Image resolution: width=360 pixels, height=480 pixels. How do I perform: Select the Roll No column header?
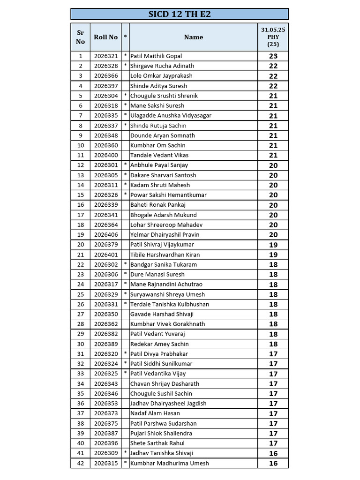(x=105, y=37)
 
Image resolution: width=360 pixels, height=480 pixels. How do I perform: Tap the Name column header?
(x=193, y=37)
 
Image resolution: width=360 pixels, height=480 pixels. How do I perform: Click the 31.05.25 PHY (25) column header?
(x=273, y=37)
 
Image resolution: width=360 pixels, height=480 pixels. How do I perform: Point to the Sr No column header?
(x=81, y=37)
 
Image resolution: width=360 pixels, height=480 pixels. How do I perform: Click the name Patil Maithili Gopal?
(x=156, y=56)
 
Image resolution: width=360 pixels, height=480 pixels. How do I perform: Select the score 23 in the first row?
(x=273, y=56)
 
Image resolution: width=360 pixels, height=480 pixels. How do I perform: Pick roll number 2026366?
(x=105, y=76)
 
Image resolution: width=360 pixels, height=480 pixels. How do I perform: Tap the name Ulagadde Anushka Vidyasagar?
(x=171, y=115)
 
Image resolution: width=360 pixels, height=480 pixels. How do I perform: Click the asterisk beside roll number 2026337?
(x=125, y=126)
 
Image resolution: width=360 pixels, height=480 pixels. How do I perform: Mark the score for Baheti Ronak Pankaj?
(x=273, y=205)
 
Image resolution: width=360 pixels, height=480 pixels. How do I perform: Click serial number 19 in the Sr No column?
(x=81, y=234)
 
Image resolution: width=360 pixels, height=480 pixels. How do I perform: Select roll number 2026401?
(x=105, y=255)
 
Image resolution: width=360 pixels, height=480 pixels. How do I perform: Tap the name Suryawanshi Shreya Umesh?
(x=167, y=294)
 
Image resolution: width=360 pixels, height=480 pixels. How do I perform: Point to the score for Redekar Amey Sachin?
(x=273, y=344)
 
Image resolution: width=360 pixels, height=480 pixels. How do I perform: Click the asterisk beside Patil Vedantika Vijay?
(x=125, y=374)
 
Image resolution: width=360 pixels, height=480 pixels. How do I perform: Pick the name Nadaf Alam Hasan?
(x=155, y=413)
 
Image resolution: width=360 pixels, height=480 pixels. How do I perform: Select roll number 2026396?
(x=105, y=443)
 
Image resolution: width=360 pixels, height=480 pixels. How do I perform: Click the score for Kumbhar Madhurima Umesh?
(x=273, y=463)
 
